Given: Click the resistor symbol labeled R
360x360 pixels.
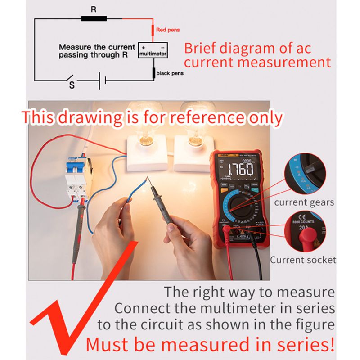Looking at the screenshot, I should tap(94, 18).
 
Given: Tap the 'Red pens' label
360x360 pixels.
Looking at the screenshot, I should tap(168, 30).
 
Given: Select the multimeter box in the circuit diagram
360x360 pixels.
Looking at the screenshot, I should tap(153, 50).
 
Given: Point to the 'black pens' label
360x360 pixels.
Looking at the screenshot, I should tap(170, 73).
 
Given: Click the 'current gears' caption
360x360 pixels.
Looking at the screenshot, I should tap(304, 202).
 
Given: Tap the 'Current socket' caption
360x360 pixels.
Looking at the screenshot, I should tap(303, 260).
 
